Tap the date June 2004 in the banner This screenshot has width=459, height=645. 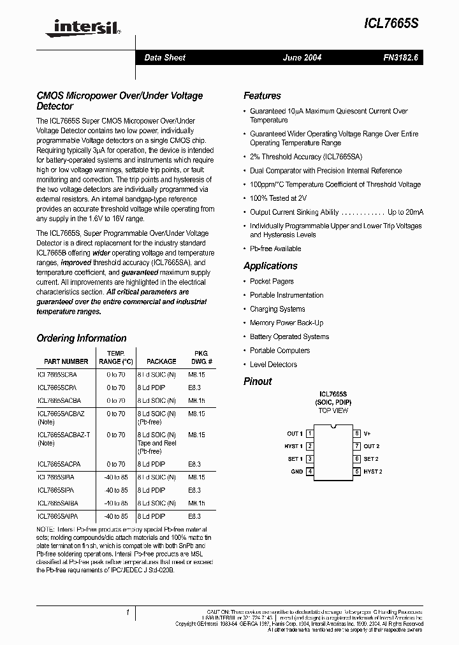tap(302, 57)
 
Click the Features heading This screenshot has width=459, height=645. tap(262, 96)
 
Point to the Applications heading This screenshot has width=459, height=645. tap(270, 266)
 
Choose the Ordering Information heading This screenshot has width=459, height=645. tap(82, 338)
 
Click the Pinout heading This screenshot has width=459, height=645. tap(258, 381)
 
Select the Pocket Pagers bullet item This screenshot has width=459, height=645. tap(272, 281)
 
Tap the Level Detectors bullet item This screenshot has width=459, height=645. tap(273, 365)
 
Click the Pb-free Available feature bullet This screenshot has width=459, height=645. tap(275, 249)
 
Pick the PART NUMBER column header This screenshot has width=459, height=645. tap(66, 361)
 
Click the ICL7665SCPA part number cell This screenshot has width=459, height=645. tap(57, 388)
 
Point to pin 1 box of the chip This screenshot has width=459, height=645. tap(310, 433)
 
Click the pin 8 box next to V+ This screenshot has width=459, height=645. tap(357, 433)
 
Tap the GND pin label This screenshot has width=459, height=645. tap(296, 472)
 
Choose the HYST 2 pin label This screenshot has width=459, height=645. tap(373, 472)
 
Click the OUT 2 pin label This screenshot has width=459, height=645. tap(371, 446)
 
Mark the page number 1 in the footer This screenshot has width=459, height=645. tap(127, 613)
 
